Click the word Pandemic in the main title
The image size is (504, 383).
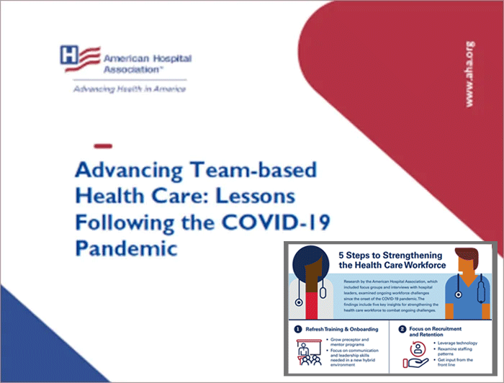click(127, 248)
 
